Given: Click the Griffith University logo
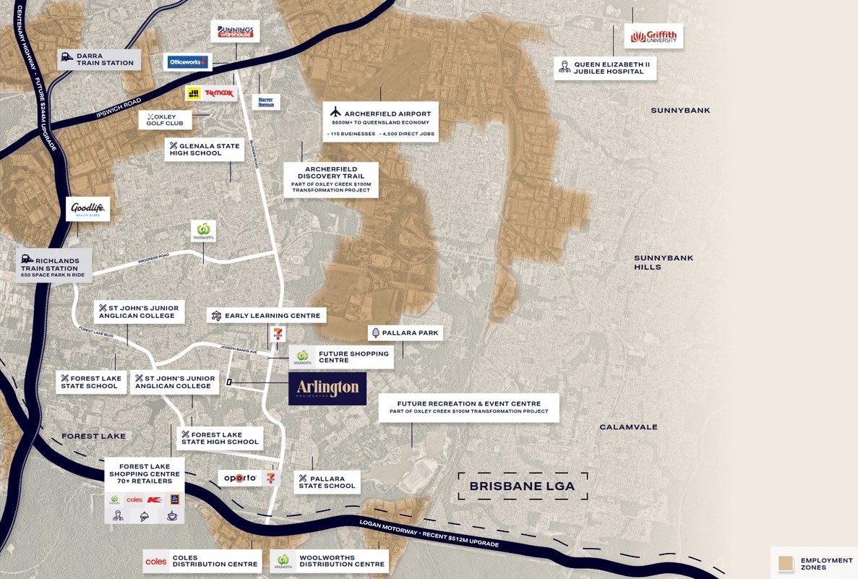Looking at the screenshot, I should click(653, 37).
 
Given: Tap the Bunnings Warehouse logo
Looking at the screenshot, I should click(235, 31).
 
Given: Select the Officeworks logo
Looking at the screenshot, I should click(188, 62).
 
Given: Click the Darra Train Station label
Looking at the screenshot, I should click(99, 59).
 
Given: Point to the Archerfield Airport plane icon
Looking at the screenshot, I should click(335, 113).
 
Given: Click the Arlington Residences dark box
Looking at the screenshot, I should click(327, 389).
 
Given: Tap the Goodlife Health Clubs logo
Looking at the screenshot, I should click(88, 210).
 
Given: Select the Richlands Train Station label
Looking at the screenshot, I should click(54, 265).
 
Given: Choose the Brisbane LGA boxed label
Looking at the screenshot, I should click(523, 486).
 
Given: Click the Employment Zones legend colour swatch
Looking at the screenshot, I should click(786, 563).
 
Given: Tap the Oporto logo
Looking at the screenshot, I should click(239, 478).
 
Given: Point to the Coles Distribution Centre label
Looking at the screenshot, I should click(202, 561).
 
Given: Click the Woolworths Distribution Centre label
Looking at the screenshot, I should click(330, 561).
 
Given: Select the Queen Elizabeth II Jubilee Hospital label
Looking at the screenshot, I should click(606, 68).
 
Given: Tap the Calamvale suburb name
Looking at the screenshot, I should click(628, 427).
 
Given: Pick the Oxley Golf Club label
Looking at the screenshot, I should click(165, 119).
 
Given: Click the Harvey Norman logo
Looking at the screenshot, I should click(266, 101).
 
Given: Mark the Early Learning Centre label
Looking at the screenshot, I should click(267, 315).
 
